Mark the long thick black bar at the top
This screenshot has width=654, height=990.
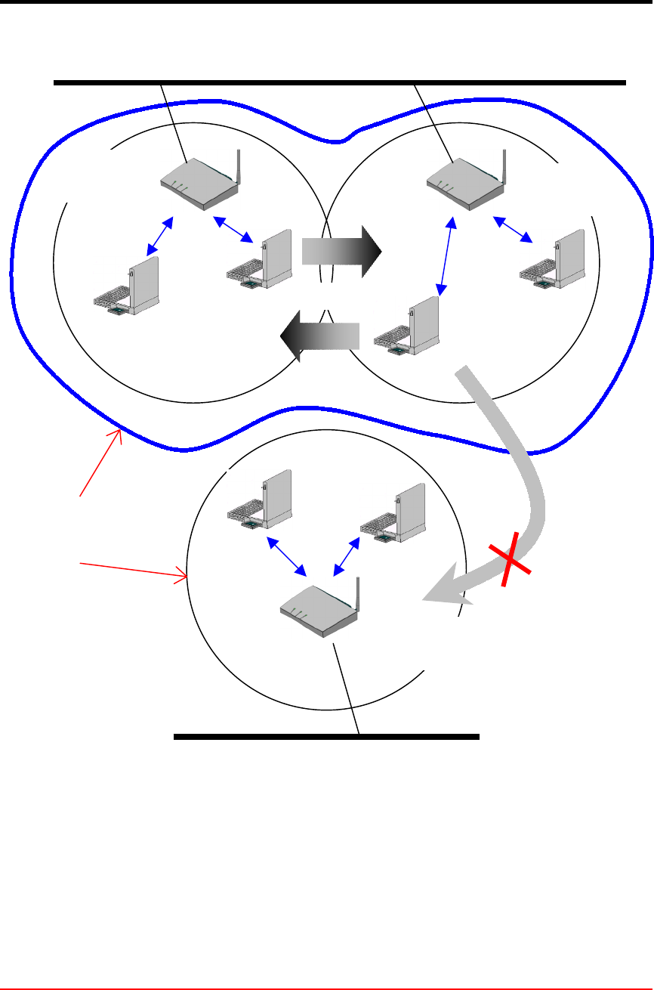[x=340, y=82]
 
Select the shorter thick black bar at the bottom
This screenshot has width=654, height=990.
[x=326, y=735]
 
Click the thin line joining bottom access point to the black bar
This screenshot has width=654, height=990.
[x=346, y=688]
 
